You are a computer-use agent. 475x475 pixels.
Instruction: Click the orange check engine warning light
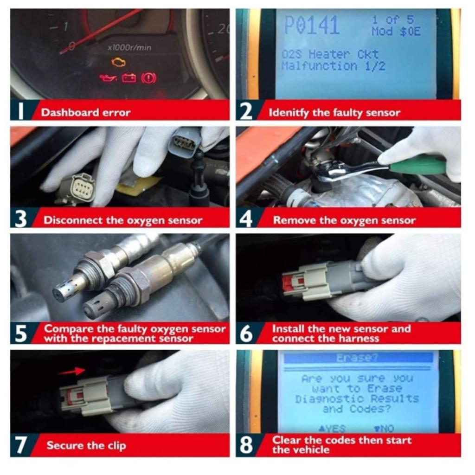pyautogui.click(x=118, y=62)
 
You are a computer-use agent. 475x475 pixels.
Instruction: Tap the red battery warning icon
pyautogui.click(x=128, y=78)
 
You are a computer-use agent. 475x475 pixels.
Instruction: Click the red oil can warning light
pyautogui.click(x=108, y=78)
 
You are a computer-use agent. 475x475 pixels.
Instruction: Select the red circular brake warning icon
pyautogui.click(x=149, y=77)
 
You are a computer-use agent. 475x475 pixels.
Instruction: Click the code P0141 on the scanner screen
pyautogui.click(x=311, y=26)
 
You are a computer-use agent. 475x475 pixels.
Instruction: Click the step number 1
pyautogui.click(x=20, y=112)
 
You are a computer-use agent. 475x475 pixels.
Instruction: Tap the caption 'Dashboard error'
pyautogui.click(x=86, y=112)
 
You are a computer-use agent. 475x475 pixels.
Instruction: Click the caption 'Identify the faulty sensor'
pyautogui.click(x=334, y=112)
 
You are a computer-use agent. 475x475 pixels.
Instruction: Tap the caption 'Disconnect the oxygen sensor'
pyautogui.click(x=123, y=220)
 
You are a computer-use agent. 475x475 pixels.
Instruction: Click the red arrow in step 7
pyautogui.click(x=71, y=371)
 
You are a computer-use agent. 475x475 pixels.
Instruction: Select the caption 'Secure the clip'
pyautogui.click(x=86, y=446)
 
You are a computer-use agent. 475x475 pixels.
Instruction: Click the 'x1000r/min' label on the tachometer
pyautogui.click(x=129, y=47)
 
